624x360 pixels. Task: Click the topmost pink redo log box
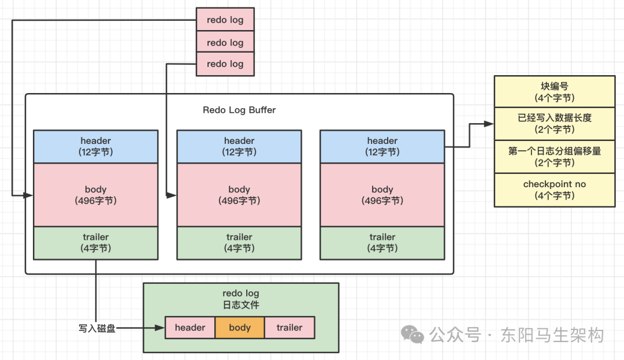225,20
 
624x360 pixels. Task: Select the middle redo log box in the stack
225,42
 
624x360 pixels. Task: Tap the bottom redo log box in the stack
225,64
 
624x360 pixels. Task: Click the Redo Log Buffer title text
239,110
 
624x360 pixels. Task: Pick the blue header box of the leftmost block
96,146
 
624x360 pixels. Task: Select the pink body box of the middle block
239,195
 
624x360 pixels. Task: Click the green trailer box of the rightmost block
382,243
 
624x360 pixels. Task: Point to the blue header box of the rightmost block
382,146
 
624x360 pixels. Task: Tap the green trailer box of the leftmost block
96,243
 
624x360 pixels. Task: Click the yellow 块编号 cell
555,91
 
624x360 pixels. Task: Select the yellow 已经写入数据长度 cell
555,124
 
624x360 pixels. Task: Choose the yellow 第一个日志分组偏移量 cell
555,157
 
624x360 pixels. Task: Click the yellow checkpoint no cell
555,190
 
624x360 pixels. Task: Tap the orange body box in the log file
240,328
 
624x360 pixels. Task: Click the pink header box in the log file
190,328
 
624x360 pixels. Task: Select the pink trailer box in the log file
289,328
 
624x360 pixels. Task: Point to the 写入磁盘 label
96,328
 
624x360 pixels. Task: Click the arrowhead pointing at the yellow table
489,124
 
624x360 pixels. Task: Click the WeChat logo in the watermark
413,334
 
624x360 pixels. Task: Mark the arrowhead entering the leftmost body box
28,195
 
